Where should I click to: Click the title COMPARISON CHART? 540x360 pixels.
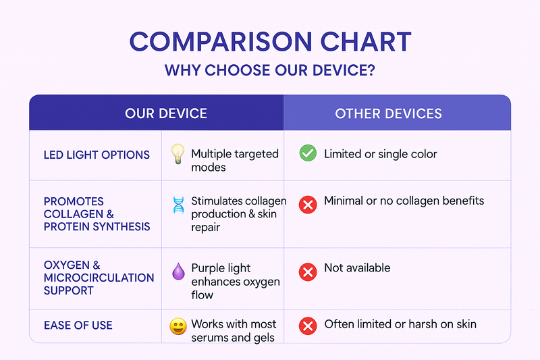(271, 42)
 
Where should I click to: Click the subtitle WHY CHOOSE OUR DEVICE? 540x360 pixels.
(269, 70)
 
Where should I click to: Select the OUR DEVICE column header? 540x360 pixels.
(166, 113)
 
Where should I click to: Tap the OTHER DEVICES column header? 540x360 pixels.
(389, 113)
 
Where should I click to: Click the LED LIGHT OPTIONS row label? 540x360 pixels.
(97, 155)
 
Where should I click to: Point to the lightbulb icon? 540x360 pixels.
(178, 153)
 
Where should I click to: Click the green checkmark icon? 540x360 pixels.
(308, 153)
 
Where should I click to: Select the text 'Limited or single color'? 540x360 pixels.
(381, 154)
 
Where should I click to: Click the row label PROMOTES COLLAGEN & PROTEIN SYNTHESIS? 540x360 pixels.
(97, 214)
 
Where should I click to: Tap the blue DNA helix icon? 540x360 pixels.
(178, 205)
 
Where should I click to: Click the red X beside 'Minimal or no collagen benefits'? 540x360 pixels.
(308, 205)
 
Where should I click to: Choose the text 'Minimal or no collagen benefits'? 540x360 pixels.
(404, 201)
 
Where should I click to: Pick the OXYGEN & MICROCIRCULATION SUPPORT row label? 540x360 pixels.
(99, 278)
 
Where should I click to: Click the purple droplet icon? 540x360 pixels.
(178, 272)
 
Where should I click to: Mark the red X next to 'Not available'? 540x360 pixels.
(308, 272)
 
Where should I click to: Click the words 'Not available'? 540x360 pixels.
(357, 267)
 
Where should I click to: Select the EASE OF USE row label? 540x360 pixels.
(78, 325)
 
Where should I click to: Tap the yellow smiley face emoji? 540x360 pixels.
(178, 326)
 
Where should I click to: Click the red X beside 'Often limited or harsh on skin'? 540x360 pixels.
(308, 326)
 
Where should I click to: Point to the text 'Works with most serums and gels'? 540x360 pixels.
(234, 331)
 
